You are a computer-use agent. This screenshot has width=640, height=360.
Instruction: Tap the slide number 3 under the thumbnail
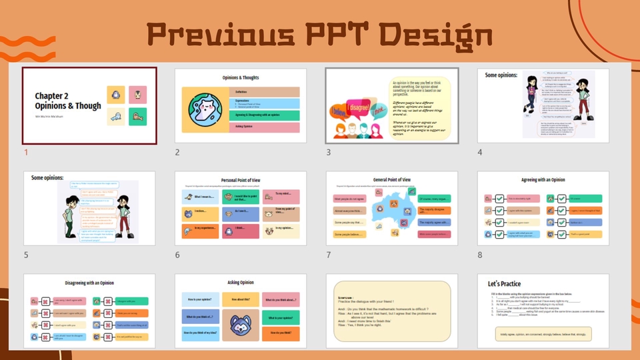pos(329,152)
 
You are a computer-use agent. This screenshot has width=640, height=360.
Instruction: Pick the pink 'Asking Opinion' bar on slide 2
pos(266,126)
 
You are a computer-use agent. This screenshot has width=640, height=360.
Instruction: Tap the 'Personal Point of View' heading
pos(241,180)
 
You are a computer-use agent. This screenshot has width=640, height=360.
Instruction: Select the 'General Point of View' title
pos(392,180)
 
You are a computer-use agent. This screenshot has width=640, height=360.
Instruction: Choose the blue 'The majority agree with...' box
pos(434,222)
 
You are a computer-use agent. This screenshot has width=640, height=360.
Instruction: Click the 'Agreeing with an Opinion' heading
pos(543,180)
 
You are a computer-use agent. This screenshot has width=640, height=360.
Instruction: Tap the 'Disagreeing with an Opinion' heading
pos(89,282)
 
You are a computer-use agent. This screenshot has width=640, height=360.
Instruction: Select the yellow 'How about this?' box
pos(241,301)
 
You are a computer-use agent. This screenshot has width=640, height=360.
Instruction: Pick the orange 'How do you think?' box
pos(281,333)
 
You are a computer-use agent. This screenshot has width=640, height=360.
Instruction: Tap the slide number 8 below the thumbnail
pos(480,255)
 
